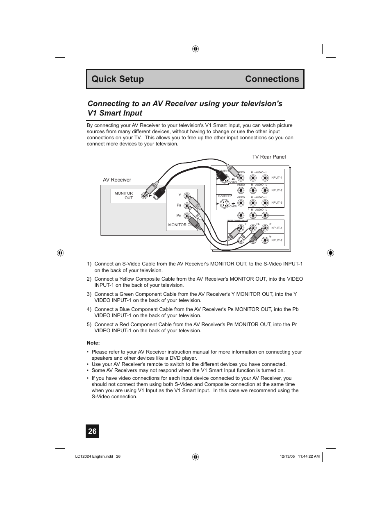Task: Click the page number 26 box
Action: click(x=92, y=431)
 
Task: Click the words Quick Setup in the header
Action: click(x=118, y=79)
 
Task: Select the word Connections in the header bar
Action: click(x=272, y=79)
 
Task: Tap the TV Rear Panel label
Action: click(x=269, y=157)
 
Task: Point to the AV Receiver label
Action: click(x=117, y=180)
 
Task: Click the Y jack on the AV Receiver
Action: click(x=187, y=196)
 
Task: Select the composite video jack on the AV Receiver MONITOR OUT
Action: click(x=144, y=196)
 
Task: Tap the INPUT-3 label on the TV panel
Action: click(x=276, y=203)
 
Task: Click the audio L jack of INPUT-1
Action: click(x=265, y=178)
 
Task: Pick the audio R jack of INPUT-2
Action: click(x=253, y=191)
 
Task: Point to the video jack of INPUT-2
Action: click(x=241, y=191)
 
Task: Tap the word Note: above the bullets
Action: click(x=93, y=343)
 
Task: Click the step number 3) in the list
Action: click(x=89, y=294)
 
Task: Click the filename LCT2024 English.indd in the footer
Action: click(x=94, y=456)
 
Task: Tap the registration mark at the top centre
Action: click(x=195, y=49)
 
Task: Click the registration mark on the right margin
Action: click(x=330, y=253)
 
